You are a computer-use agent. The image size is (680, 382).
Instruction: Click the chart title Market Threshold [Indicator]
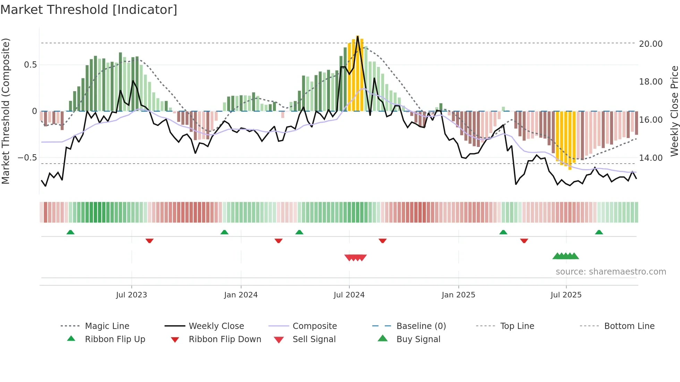point(89,10)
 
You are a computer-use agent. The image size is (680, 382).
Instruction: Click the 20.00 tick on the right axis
point(651,44)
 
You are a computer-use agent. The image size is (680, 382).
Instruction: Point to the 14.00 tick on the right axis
point(651,158)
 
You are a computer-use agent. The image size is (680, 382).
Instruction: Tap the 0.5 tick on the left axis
point(30,65)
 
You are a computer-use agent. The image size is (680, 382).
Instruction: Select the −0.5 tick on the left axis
point(27,158)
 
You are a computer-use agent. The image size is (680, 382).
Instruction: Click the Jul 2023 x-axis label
point(131,295)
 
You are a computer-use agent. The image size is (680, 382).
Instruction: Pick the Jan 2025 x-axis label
point(458,295)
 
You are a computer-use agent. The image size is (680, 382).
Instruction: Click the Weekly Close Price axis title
point(674,111)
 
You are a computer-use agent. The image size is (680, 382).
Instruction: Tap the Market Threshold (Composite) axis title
point(6,111)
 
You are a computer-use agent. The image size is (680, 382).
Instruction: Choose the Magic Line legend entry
point(107,326)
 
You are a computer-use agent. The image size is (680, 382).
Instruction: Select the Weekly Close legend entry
point(216,326)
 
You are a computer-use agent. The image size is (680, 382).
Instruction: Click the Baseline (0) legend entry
point(421,326)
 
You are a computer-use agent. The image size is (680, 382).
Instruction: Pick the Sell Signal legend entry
point(314,339)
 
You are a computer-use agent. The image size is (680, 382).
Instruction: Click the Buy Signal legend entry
point(418,339)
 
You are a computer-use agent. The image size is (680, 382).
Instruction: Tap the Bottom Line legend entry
point(629,326)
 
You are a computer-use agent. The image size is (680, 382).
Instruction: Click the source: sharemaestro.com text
point(611,272)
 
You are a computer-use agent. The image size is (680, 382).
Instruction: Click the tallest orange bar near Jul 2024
point(358,73)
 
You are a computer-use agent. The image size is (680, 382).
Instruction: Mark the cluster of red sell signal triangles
point(356,258)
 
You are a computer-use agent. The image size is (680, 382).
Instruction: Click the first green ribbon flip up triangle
point(70,232)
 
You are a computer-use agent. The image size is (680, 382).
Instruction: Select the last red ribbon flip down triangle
point(524,241)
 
